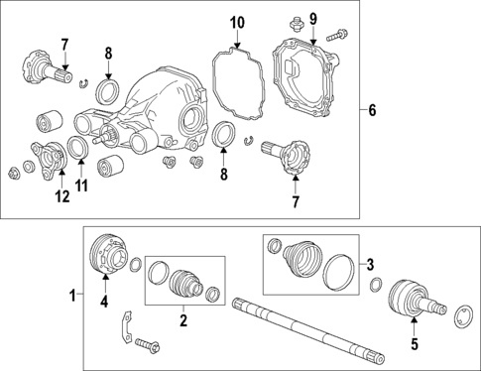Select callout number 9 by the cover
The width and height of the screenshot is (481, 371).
tap(312, 19)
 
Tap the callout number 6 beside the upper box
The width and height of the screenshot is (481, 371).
tap(373, 110)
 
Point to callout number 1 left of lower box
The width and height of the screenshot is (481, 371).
tap(70, 295)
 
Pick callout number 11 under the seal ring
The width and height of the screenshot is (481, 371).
tap(81, 185)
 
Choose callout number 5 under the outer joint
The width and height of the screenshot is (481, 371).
tap(415, 344)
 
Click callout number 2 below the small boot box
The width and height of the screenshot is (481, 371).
tap(182, 320)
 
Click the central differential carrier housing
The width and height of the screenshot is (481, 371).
tap(169, 104)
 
